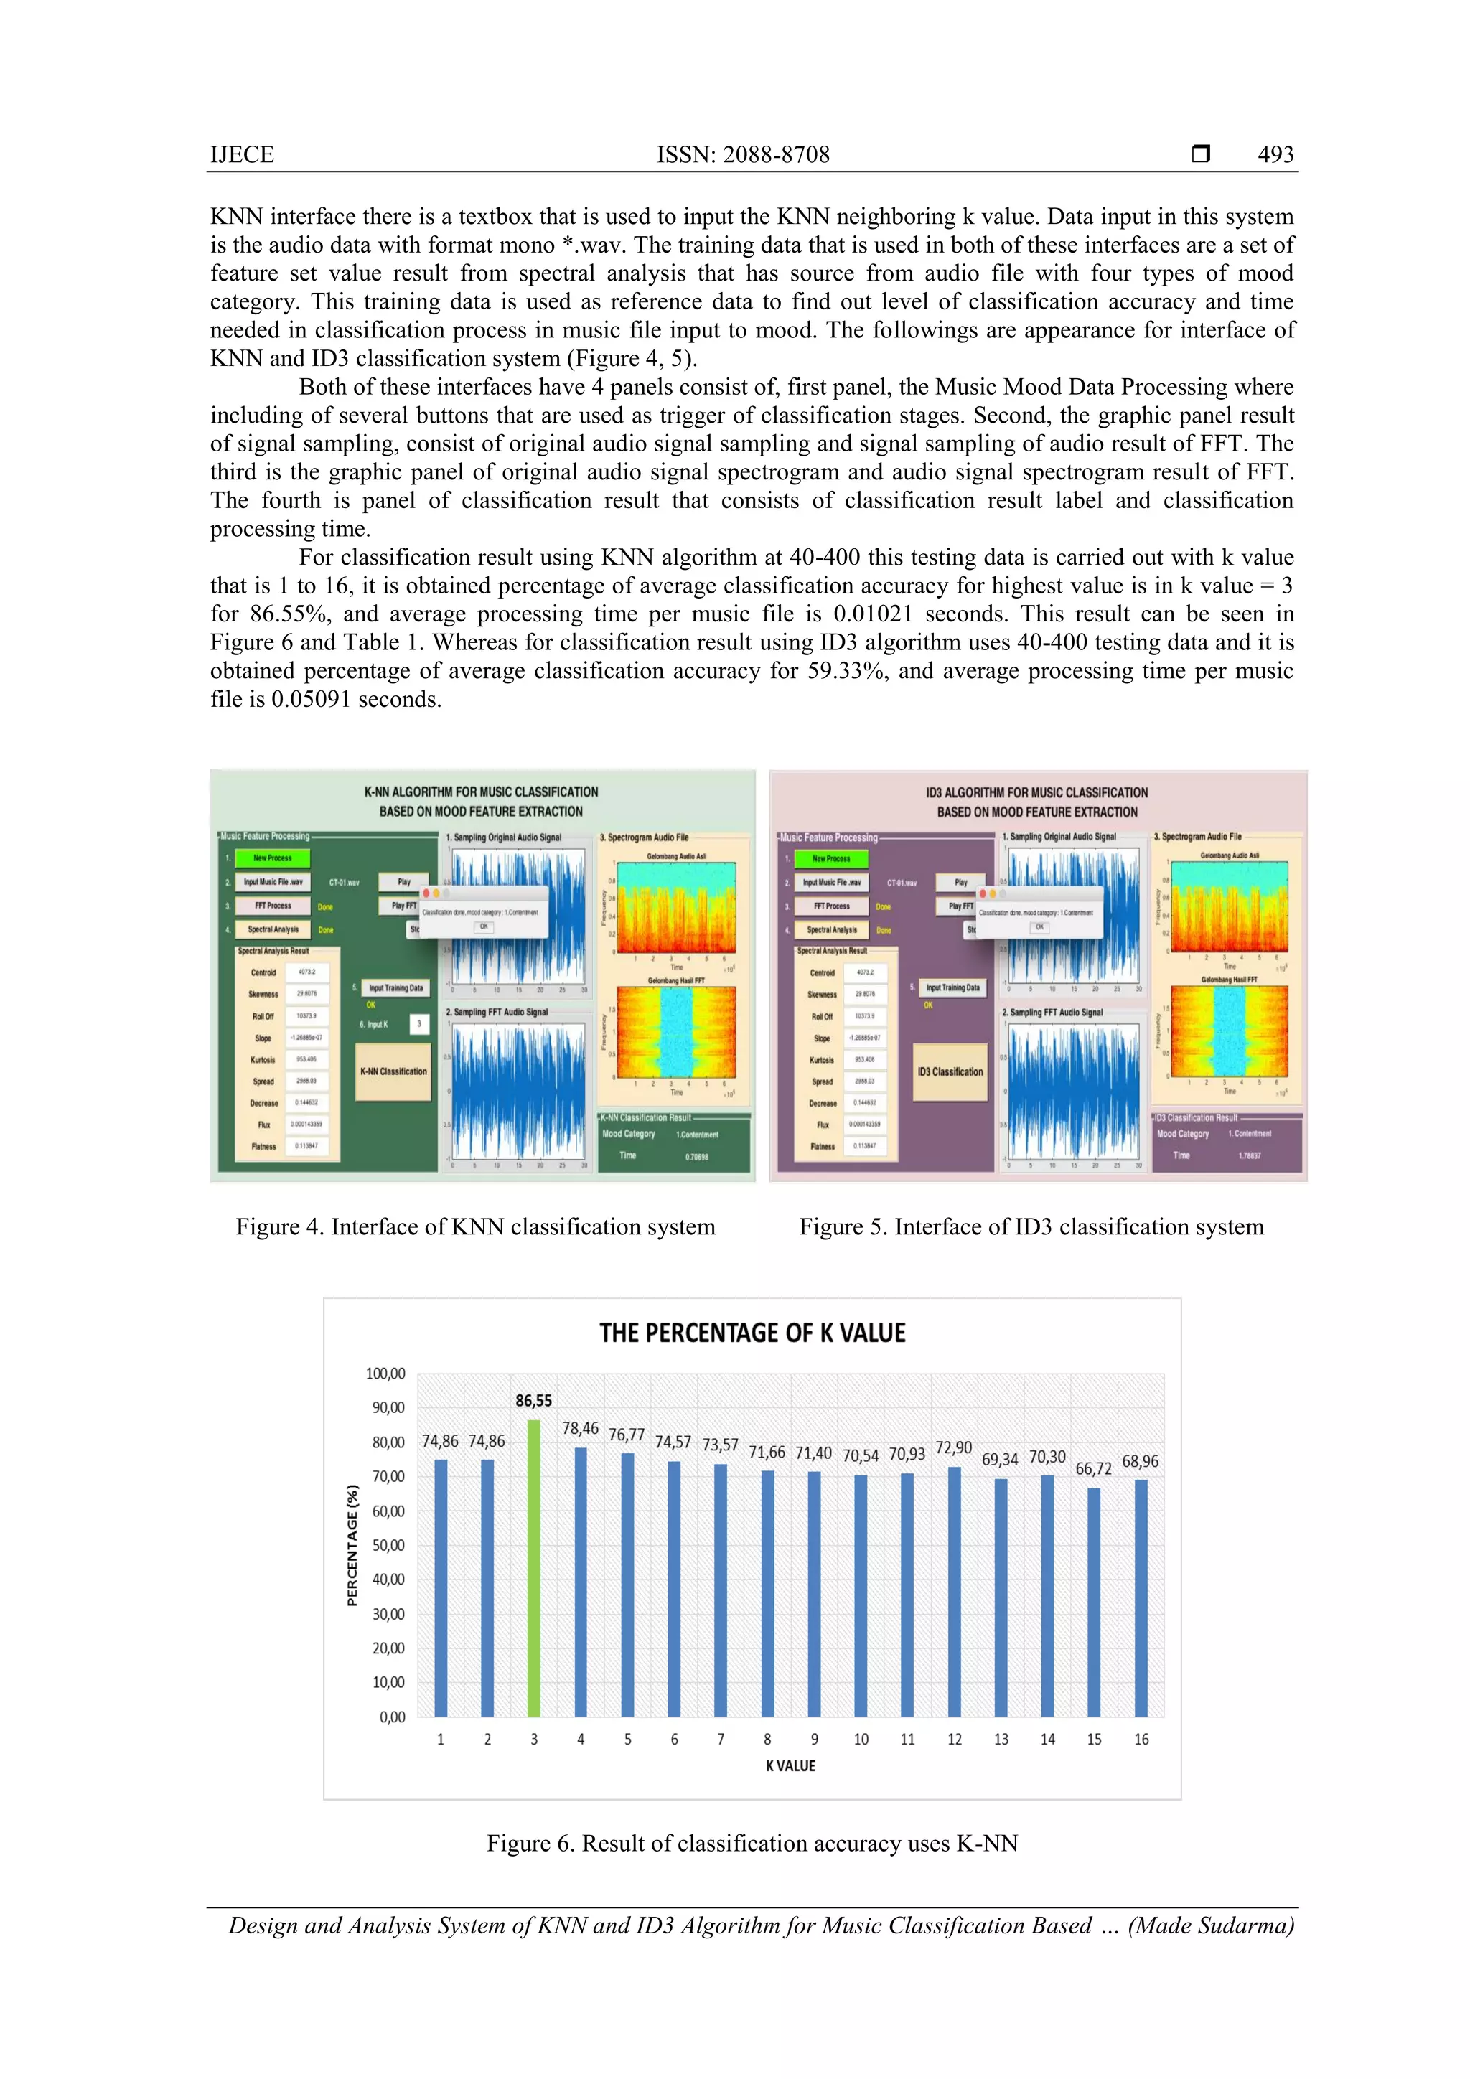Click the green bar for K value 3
point(533,1567)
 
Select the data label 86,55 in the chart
point(533,1400)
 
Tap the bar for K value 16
point(1141,1598)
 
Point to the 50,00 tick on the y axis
point(388,1545)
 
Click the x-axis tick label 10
point(861,1739)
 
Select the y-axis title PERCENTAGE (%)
point(352,1545)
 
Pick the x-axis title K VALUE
point(790,1765)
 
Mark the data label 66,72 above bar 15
point(1093,1469)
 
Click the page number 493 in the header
point(1275,155)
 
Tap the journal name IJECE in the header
point(242,155)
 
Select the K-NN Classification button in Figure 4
point(393,1071)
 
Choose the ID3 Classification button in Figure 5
point(950,1071)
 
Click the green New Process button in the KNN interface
point(273,858)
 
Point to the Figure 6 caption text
point(752,1844)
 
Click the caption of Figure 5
point(1031,1227)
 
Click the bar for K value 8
point(767,1594)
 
